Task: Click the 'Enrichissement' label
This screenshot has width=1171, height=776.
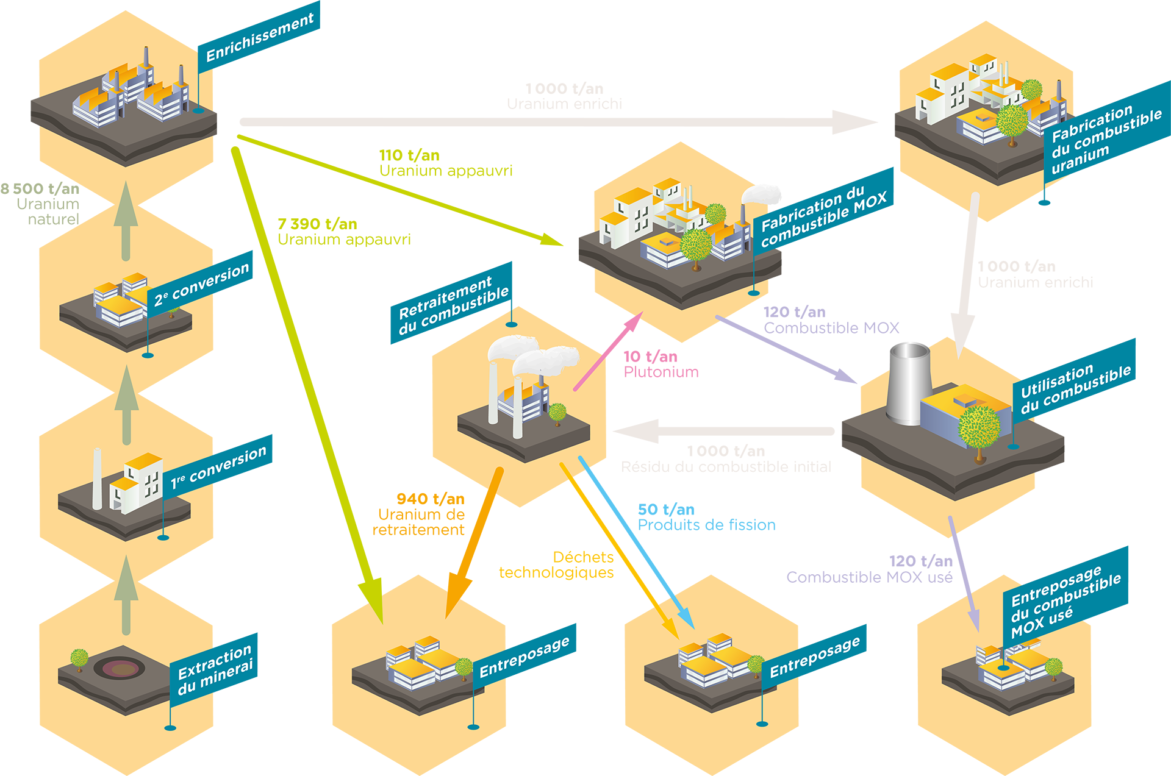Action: coord(260,37)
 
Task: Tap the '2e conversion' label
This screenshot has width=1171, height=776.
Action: coord(202,284)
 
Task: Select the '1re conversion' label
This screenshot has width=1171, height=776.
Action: coord(219,468)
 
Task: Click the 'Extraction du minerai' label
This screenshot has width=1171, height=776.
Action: coord(215,670)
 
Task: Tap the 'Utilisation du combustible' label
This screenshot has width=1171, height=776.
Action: coord(1075,389)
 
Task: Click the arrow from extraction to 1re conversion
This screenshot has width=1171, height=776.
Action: coord(126,594)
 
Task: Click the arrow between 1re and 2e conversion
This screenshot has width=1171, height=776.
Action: coord(127,404)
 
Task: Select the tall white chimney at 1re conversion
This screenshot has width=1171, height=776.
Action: coord(97,479)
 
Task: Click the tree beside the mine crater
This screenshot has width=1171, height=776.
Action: coord(79,658)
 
